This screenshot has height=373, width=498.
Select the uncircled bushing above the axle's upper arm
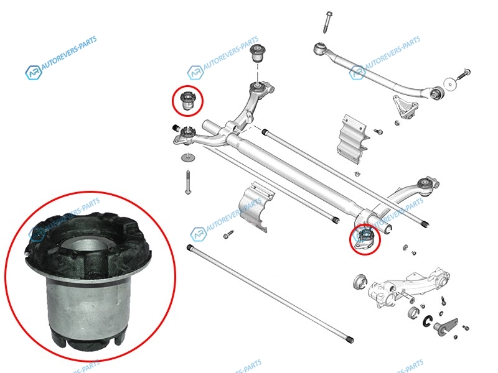click(x=258, y=54)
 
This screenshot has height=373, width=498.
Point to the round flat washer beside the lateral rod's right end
click(x=449, y=84)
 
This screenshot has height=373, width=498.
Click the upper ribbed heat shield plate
click(x=352, y=139)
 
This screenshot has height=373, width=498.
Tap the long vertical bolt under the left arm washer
click(x=188, y=182)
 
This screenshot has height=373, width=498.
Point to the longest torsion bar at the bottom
click(x=270, y=293)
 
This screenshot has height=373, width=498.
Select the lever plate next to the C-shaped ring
click(x=446, y=327)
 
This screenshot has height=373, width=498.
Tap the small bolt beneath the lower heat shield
click(x=228, y=235)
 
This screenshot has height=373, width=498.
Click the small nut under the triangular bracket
click(x=397, y=122)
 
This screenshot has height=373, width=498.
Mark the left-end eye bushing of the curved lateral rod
click(x=319, y=48)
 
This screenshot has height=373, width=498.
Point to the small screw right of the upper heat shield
click(x=378, y=131)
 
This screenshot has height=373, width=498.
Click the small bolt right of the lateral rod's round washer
click(x=464, y=74)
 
